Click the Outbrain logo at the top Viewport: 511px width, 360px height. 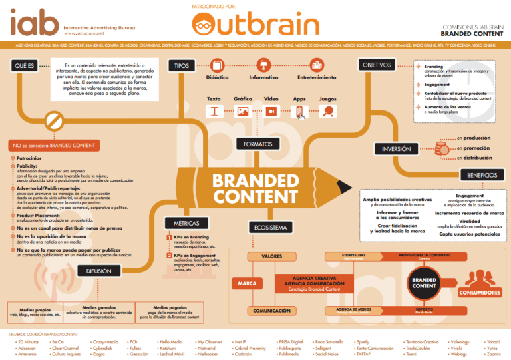coord(255,25)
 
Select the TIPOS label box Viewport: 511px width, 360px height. coord(181,66)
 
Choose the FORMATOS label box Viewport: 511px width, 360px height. coord(257,144)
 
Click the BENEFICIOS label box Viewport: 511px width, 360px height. coord(478,175)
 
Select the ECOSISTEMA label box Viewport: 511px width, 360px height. coord(270,228)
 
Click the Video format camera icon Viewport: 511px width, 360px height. coord(271,112)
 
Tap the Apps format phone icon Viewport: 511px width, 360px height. coord(300,112)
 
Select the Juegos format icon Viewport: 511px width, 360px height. coord(328,112)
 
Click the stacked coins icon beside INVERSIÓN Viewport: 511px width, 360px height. coord(441,148)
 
